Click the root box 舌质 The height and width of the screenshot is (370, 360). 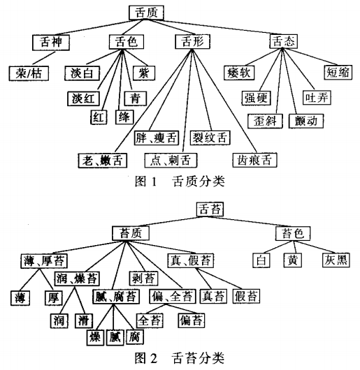coord(146,13)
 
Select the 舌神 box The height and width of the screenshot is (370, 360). coord(51,43)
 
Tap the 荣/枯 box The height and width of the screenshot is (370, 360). coord(29,73)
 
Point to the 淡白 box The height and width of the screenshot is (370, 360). coord(82,73)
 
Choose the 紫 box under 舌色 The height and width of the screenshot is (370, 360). coord(144,73)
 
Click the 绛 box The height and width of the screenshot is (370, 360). coord(124,117)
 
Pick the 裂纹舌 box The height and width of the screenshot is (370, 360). coord(210,138)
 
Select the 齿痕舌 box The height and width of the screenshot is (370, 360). coord(254,161)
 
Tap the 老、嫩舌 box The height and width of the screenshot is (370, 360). coord(103,161)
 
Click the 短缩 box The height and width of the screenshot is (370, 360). coord(338,72)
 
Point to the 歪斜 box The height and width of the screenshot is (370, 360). coord(265,121)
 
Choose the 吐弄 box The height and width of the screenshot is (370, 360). coord(317,98)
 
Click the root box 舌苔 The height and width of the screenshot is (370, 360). coord(210,209)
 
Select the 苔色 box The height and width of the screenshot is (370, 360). coord(293,234)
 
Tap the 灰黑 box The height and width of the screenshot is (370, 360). coord(336,260)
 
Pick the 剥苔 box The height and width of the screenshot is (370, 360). coord(143,279)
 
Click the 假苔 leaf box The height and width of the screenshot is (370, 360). coord(246,296)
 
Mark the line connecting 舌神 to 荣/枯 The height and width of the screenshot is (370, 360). coord(44,58)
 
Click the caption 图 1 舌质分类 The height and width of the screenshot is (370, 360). coord(180,182)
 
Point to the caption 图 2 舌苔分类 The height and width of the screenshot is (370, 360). coord(180,358)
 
